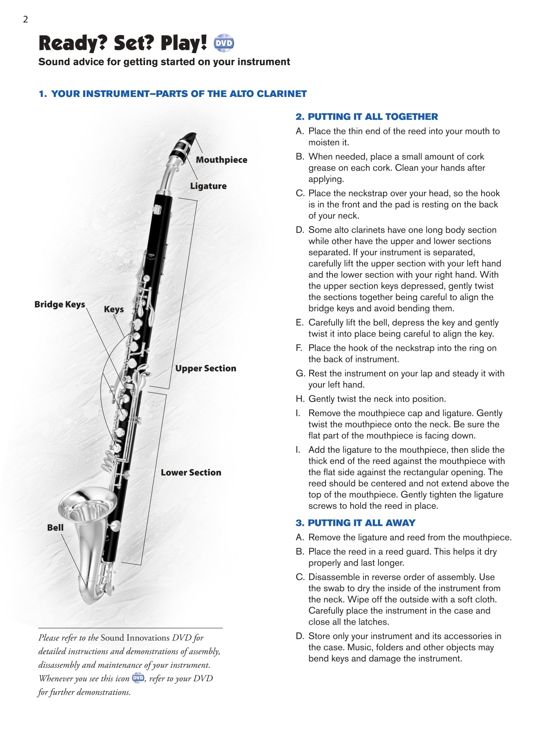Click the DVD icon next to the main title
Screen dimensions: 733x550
[224, 43]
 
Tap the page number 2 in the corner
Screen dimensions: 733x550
[25, 19]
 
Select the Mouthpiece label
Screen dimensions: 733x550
[221, 160]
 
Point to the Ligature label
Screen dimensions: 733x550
[208, 186]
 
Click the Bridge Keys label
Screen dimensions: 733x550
[59, 304]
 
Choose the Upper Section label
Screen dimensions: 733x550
[205, 368]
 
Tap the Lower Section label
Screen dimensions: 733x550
[191, 472]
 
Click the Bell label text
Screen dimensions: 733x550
[55, 527]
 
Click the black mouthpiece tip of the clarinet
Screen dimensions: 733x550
[189, 137]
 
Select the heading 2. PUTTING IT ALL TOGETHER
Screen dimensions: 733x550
[366, 116]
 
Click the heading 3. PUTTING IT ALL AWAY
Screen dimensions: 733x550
[355, 522]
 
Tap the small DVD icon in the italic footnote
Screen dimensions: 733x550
[138, 678]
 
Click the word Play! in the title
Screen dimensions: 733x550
[183, 43]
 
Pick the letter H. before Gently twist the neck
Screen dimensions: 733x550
[300, 399]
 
